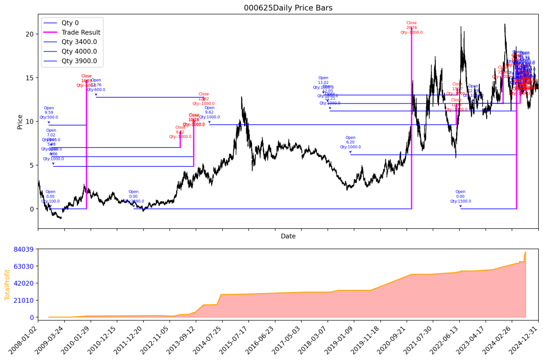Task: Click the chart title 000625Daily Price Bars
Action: coord(288,8)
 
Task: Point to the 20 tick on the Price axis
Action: coord(30,34)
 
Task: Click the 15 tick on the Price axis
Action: coord(30,78)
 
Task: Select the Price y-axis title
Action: coord(20,122)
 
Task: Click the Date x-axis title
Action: coord(288,236)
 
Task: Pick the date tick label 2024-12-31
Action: coord(527,340)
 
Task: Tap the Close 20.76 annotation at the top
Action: coord(411,28)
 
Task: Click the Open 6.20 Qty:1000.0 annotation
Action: coord(350,142)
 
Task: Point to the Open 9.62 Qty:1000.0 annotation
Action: coord(209,113)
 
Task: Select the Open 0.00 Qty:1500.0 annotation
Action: coord(460,196)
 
